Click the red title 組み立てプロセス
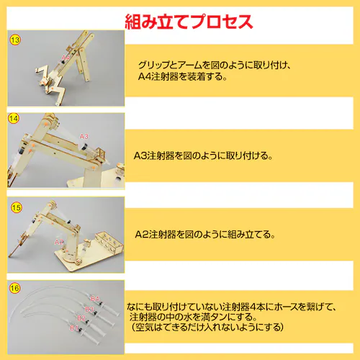[x=189, y=22]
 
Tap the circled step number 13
[x=15, y=40]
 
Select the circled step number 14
[x=14, y=119]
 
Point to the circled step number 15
[x=17, y=207]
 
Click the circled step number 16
[x=14, y=288]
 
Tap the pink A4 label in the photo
[x=66, y=58]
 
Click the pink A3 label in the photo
[x=84, y=137]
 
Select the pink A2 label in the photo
[x=59, y=242]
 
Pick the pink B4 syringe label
[x=95, y=299]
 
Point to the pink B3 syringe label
[x=89, y=309]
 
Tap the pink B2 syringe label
[x=81, y=318]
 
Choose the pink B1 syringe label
[x=74, y=328]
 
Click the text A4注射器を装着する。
[x=183, y=76]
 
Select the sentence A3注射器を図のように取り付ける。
[x=203, y=156]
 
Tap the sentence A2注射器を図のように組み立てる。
[x=205, y=234]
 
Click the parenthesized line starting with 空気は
[x=207, y=327]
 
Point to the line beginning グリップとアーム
[x=215, y=65]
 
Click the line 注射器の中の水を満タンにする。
[x=193, y=317]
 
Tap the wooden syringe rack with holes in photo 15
[x=109, y=242]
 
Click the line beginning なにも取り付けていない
[x=232, y=307]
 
